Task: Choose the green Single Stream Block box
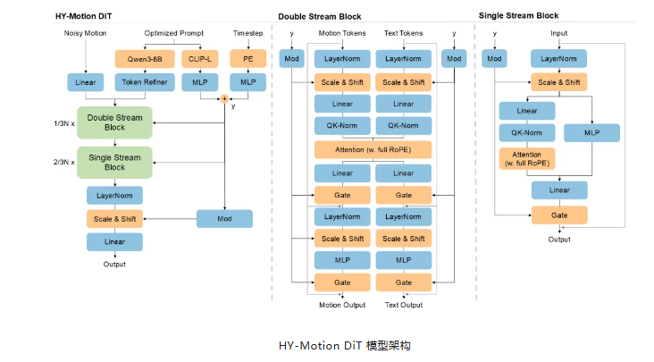114,162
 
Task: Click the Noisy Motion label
85,33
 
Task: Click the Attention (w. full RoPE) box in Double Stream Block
373,149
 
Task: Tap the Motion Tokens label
341,33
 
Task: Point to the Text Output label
403,305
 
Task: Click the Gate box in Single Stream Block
559,215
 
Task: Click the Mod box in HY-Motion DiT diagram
225,218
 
